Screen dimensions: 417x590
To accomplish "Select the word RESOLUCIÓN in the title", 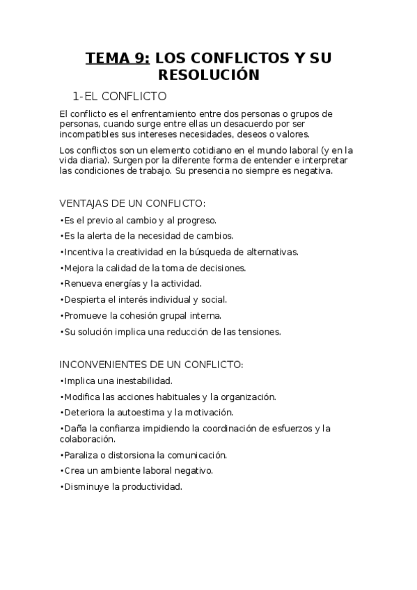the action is point(209,74).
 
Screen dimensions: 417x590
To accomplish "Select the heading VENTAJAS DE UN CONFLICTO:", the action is point(132,203).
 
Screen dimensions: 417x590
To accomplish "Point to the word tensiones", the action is point(258,332).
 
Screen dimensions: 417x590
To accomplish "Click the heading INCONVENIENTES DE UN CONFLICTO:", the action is point(151,364).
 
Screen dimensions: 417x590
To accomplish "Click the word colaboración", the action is point(87,439).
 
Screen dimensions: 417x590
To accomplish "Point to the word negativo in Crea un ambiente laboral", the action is point(194,471).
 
